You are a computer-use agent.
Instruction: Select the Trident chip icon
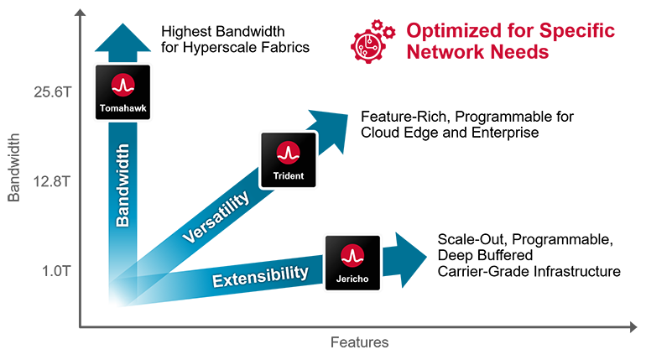pyautogui.click(x=288, y=159)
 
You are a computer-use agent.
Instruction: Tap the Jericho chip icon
pyautogui.click(x=352, y=262)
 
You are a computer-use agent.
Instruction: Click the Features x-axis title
pyautogui.click(x=359, y=342)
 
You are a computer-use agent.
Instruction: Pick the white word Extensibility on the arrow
pyautogui.click(x=259, y=274)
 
